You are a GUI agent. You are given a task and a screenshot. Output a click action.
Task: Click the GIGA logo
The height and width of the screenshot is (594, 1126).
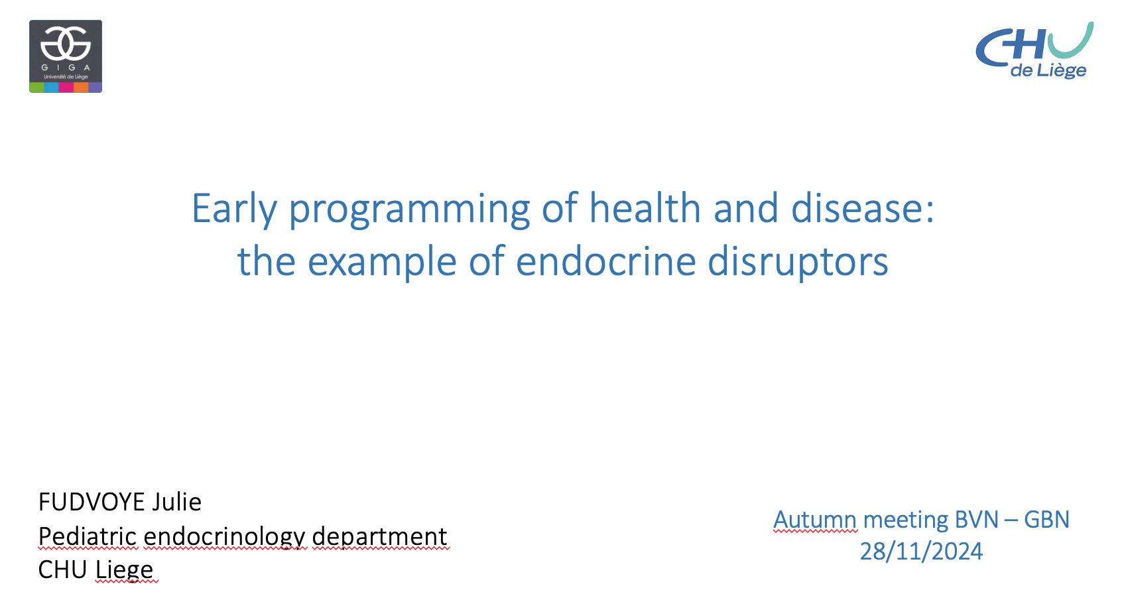66,56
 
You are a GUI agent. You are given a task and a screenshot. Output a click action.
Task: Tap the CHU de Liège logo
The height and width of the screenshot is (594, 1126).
1034,50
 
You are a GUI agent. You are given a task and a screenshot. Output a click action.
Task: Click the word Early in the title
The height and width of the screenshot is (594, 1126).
234,209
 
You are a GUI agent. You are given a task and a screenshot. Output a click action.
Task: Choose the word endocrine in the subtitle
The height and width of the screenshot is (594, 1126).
605,261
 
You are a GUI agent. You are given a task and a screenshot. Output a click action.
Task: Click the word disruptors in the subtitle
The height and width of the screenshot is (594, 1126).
798,262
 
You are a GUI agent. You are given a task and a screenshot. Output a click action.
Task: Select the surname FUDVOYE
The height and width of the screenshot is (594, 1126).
92,502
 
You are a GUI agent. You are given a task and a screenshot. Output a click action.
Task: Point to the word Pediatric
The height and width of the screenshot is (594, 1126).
88,536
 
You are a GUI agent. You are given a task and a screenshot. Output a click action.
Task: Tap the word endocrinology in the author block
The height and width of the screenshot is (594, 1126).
224,537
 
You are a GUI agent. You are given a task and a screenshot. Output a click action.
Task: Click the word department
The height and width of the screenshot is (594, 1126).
379,537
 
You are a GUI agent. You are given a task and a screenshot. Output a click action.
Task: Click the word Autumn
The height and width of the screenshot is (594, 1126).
815,520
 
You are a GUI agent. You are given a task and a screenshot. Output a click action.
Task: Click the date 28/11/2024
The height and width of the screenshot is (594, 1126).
921,552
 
